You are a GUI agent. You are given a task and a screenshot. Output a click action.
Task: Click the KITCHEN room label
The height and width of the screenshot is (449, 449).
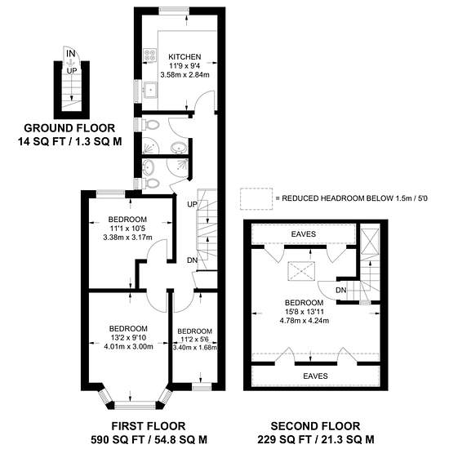click(x=184, y=56)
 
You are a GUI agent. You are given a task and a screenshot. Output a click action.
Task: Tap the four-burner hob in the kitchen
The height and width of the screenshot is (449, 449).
click(x=149, y=56)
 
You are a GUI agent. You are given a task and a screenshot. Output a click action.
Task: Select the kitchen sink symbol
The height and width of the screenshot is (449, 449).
click(x=150, y=90)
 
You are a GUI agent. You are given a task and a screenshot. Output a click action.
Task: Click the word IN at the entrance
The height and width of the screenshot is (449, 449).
click(x=71, y=54)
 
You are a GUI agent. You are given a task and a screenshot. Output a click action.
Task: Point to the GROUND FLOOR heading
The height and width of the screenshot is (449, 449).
click(x=69, y=128)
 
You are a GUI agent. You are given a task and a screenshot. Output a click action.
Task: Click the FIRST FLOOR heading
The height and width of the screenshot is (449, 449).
click(x=149, y=426)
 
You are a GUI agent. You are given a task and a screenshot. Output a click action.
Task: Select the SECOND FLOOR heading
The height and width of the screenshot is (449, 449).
click(x=315, y=426)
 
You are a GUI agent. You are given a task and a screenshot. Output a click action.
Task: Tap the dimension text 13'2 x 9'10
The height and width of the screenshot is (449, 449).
click(x=128, y=338)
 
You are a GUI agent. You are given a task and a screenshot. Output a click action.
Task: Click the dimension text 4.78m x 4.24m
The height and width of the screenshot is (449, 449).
click(x=305, y=321)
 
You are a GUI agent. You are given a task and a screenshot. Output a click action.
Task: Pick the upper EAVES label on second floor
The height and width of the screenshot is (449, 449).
click(x=304, y=234)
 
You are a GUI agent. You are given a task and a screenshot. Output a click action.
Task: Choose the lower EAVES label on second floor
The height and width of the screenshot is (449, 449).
click(x=315, y=376)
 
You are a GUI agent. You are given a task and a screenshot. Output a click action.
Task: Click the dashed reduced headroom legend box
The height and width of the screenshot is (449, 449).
click(x=256, y=198)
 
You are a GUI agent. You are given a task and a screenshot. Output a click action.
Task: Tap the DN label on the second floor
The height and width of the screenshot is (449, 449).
click(x=340, y=290)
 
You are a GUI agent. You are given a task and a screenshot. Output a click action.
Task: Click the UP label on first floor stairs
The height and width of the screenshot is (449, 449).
click(x=192, y=204)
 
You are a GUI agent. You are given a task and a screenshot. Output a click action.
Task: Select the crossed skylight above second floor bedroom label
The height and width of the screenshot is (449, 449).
click(x=301, y=271)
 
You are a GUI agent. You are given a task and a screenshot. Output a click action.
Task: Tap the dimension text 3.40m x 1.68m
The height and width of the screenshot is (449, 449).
click(x=195, y=347)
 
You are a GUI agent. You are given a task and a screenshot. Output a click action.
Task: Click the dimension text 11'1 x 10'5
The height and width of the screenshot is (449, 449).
click(x=127, y=229)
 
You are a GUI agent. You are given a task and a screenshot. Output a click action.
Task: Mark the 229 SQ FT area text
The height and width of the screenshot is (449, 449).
click(x=286, y=439)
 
